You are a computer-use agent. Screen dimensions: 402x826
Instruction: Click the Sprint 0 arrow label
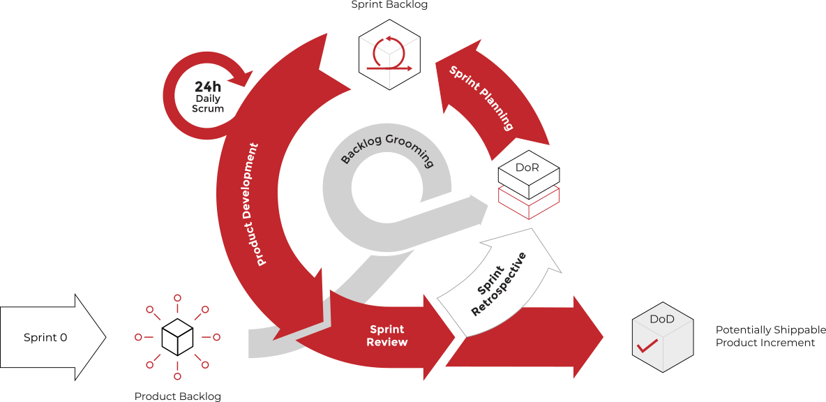[45, 338]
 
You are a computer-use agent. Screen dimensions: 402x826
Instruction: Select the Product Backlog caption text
[177, 396]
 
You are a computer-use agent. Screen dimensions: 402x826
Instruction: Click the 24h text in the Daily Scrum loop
[208, 87]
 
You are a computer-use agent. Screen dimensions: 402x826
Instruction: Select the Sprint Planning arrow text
[481, 98]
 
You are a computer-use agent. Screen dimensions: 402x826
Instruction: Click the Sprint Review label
[388, 336]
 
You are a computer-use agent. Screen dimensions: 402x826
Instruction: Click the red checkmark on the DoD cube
[648, 345]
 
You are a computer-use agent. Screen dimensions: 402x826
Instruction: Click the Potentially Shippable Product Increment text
[765, 336]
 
